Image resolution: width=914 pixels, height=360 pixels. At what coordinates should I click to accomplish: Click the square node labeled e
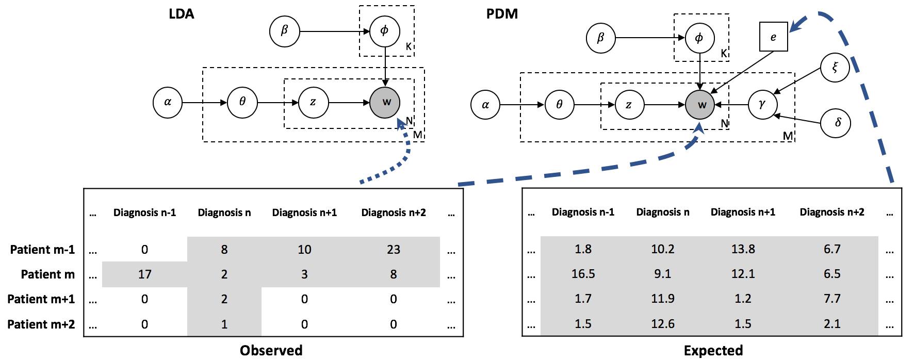(x=773, y=37)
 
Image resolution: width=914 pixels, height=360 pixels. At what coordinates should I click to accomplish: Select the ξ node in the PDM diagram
(x=835, y=68)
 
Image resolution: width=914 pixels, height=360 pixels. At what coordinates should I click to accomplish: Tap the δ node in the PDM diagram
(x=835, y=123)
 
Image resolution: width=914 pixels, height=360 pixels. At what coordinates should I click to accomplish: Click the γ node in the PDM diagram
(x=762, y=105)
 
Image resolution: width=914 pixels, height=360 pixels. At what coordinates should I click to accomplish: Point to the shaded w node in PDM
(x=700, y=105)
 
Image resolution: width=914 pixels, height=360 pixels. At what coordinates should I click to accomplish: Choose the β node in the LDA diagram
(x=284, y=31)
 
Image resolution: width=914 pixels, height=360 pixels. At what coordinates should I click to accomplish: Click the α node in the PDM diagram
(x=485, y=105)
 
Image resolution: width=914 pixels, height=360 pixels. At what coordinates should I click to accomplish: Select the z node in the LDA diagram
(x=313, y=102)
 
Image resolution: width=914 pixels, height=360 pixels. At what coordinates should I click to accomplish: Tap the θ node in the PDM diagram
(x=559, y=105)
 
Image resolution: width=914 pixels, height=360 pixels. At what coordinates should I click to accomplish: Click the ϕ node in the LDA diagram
(x=385, y=31)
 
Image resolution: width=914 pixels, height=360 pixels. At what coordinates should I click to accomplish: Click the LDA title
(x=182, y=14)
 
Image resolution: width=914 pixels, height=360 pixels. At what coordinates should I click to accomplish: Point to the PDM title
(x=502, y=14)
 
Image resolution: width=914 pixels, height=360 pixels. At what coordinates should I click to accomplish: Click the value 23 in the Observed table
(x=394, y=250)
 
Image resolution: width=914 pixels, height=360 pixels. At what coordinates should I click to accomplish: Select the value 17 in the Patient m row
(x=145, y=274)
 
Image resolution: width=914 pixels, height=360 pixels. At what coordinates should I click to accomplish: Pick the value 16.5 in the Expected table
(x=583, y=274)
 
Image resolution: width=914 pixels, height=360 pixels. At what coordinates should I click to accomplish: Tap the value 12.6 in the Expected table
(x=663, y=324)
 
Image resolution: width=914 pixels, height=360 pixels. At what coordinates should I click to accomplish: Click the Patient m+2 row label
(x=41, y=324)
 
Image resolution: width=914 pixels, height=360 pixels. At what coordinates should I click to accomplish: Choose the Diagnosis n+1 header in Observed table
(x=304, y=212)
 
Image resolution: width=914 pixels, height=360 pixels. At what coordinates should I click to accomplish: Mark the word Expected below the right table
(x=713, y=351)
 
